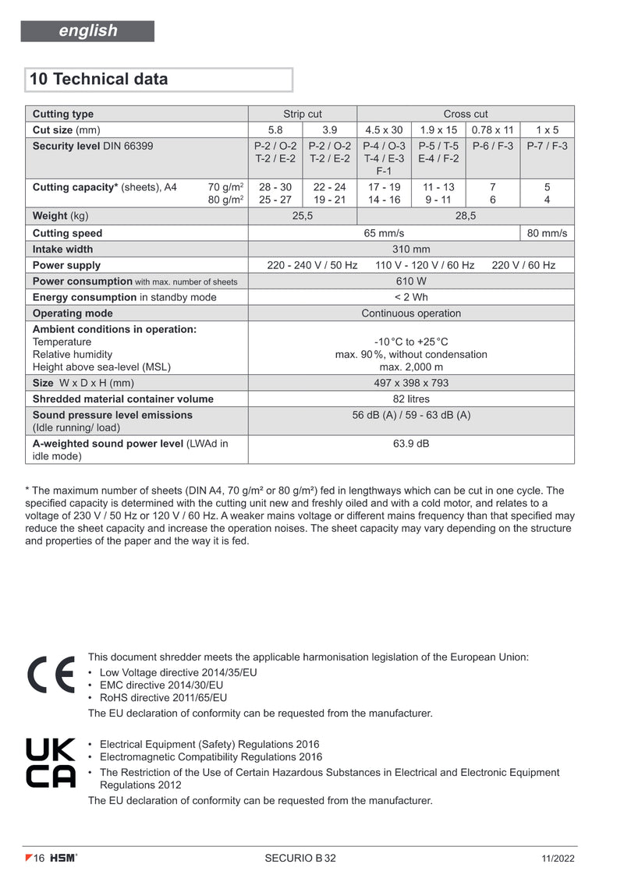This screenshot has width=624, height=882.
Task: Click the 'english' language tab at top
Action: tap(87, 31)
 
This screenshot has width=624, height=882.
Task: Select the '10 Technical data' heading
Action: tap(98, 80)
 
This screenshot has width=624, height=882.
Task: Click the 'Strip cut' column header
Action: tap(303, 114)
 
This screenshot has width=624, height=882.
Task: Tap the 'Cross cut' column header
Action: tap(466, 114)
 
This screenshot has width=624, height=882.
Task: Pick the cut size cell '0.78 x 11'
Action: tap(493, 130)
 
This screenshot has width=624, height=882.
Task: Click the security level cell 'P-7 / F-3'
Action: tap(547, 146)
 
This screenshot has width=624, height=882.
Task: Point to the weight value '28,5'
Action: tap(466, 216)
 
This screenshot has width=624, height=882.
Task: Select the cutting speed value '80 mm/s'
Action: tap(547, 233)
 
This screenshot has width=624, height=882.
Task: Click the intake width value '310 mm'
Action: tap(411, 250)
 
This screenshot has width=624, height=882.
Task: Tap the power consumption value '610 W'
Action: tap(411, 282)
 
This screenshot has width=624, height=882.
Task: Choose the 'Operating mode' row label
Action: tap(73, 313)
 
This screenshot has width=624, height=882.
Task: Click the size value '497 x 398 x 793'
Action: tap(411, 383)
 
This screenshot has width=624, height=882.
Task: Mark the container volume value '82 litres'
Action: tap(411, 399)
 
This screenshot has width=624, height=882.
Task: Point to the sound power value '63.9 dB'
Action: tap(411, 444)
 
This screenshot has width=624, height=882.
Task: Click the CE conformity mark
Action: tap(51, 675)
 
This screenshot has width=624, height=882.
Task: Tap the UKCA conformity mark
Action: tap(51, 763)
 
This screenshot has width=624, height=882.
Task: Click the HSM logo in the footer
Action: tap(63, 859)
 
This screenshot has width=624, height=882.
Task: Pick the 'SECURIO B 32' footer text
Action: tap(300, 859)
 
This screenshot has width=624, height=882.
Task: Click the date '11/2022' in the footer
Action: tap(557, 859)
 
